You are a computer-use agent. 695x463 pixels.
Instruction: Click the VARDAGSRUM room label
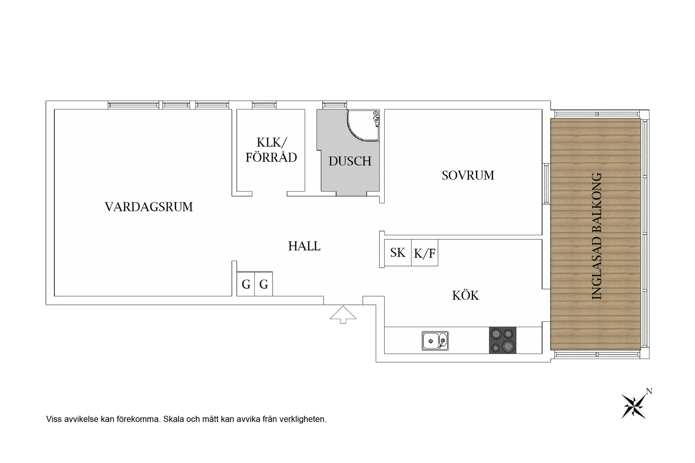pos(149,207)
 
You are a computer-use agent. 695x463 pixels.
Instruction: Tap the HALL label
pos(304,246)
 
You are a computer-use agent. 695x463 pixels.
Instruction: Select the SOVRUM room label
pos(468,176)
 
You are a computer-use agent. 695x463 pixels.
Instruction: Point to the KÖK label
pos(465,295)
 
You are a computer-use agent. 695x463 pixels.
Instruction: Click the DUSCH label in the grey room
pos(350,161)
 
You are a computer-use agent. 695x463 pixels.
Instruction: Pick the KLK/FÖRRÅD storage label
pos(271,150)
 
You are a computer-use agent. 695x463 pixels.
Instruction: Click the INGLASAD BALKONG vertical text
pos(597,237)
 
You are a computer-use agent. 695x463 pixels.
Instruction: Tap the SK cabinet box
pos(398,253)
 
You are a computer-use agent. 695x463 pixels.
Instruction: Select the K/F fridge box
pos(425,253)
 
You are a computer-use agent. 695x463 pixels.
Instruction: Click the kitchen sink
pos(435,341)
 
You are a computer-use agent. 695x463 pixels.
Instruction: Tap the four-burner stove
pos(503,340)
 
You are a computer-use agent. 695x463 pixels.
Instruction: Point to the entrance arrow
pos(343,314)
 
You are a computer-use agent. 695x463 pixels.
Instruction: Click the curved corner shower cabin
pos(363,126)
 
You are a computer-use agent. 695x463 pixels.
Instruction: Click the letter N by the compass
pos(649,391)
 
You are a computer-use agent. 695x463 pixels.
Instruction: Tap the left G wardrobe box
pos(246,284)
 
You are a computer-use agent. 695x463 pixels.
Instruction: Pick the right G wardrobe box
pos(264,284)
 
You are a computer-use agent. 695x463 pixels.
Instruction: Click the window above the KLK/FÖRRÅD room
pos(264,105)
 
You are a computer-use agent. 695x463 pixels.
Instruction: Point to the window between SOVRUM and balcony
pos(546,184)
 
